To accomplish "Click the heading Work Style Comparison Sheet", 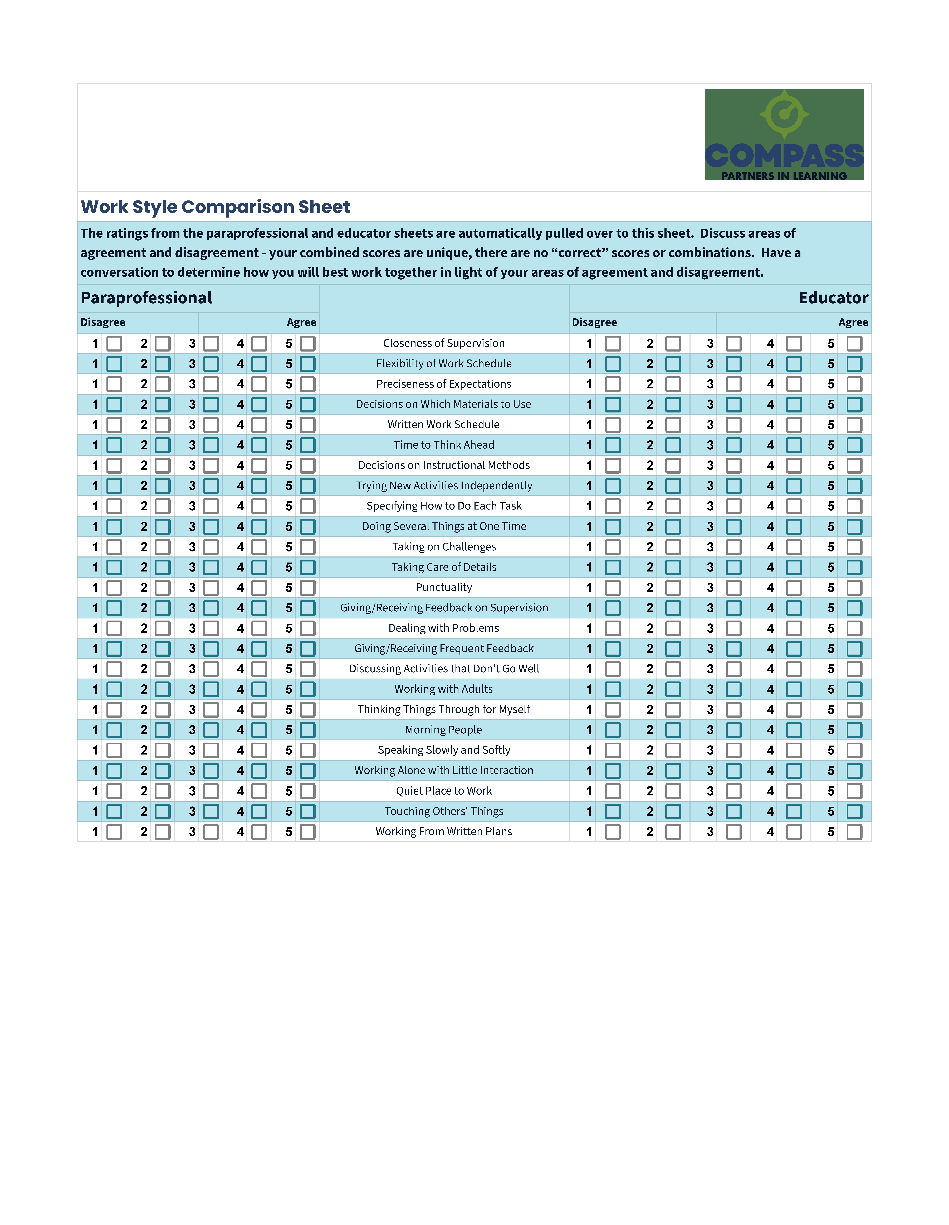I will tap(215, 207).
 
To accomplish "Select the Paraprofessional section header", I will tap(146, 298).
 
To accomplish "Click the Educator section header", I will tap(833, 298).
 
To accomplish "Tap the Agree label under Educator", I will tap(853, 323).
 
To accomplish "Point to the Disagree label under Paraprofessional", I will tap(103, 323).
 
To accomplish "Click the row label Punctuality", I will tap(443, 587).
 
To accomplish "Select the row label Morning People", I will tap(443, 730).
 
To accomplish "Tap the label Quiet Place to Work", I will tap(443, 791).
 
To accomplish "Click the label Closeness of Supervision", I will tap(443, 343).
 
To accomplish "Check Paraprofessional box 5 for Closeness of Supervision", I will tap(307, 343).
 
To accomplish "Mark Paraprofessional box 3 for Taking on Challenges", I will tap(211, 547).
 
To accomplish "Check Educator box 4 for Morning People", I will tap(794, 730).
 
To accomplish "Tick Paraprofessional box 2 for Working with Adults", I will tap(163, 689).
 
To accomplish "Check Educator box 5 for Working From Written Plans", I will tap(854, 832).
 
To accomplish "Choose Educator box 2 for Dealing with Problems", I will tap(673, 628).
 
